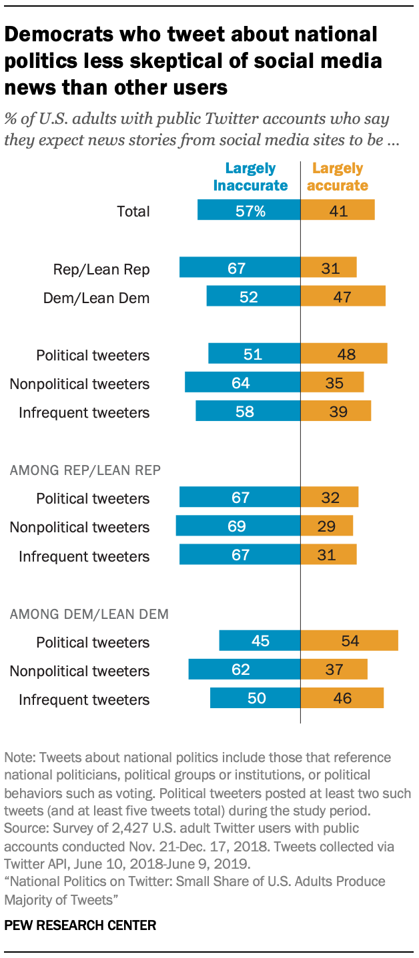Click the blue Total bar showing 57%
click(249, 212)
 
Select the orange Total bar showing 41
click(338, 212)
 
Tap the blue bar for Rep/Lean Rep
click(240, 268)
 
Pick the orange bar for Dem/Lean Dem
click(343, 297)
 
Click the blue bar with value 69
click(238, 526)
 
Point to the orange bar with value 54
click(349, 642)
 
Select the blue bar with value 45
click(260, 642)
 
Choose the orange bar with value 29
click(327, 526)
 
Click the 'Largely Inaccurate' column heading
click(250, 177)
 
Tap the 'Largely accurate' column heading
click(338, 177)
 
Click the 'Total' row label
click(133, 212)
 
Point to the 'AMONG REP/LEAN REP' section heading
click(85, 470)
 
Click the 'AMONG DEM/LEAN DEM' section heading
click(89, 614)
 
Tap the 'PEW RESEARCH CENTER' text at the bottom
click(80, 925)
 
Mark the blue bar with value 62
click(244, 670)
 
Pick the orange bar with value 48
click(344, 354)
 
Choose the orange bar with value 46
click(342, 699)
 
